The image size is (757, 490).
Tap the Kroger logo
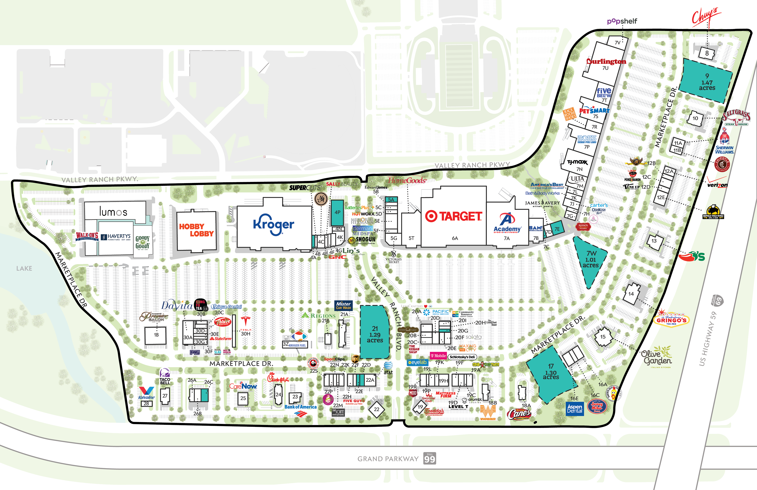(x=274, y=224)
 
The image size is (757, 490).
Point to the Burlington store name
(x=606, y=61)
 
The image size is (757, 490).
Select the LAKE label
(x=24, y=269)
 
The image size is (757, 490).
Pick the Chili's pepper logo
(x=692, y=256)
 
